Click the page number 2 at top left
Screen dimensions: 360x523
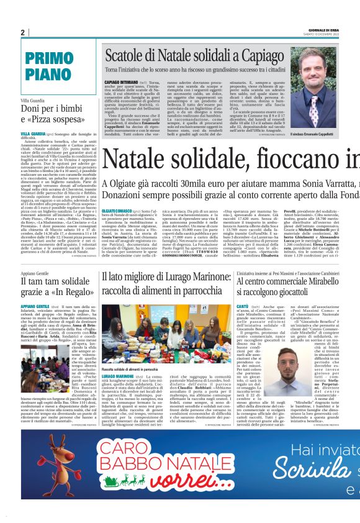[x=22, y=32]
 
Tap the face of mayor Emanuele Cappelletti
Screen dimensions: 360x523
[x=315, y=80]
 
